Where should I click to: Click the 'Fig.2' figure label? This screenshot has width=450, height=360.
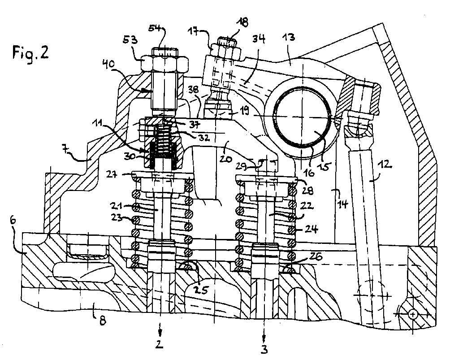pyautogui.click(x=30, y=53)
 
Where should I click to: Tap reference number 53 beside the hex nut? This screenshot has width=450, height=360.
pyautogui.click(x=130, y=39)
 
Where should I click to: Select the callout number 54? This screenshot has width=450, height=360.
pyautogui.click(x=156, y=28)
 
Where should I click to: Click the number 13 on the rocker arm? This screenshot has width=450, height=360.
pyautogui.click(x=288, y=37)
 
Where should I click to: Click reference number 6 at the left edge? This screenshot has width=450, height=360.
pyautogui.click(x=13, y=221)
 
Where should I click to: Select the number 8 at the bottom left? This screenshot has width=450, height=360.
pyautogui.click(x=103, y=320)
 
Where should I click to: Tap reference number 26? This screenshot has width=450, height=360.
pyautogui.click(x=315, y=256)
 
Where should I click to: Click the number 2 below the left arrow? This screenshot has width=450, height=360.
pyautogui.click(x=159, y=343)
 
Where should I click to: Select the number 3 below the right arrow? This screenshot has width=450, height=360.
pyautogui.click(x=264, y=349)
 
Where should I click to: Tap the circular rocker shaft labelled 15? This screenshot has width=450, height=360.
pyautogui.click(x=302, y=117)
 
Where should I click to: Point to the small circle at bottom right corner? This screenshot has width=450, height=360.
pyautogui.click(x=413, y=315)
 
